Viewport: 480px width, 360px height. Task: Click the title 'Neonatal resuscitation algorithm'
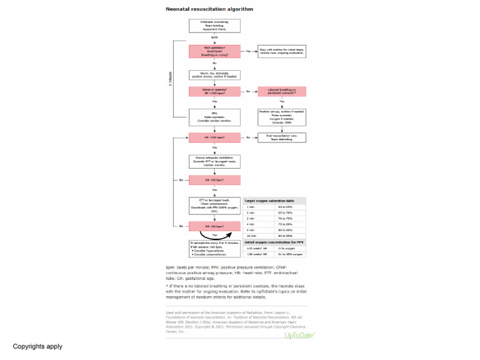(x=200, y=10)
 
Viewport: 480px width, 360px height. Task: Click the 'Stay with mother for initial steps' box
(x=282, y=52)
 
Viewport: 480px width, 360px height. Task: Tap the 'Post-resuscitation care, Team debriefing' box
(x=282, y=137)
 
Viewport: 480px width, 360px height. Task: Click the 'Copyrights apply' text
(x=37, y=346)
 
